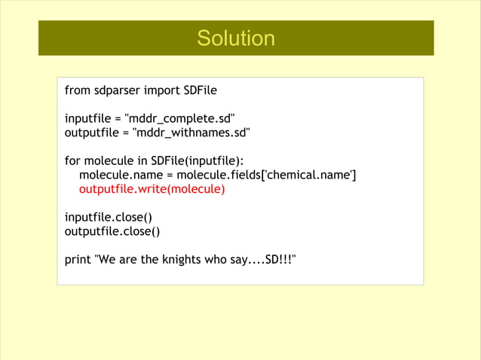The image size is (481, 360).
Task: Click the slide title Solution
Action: [236, 38]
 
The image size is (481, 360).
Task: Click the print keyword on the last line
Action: [78, 259]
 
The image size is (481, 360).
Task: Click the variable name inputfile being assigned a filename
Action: [89, 119]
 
